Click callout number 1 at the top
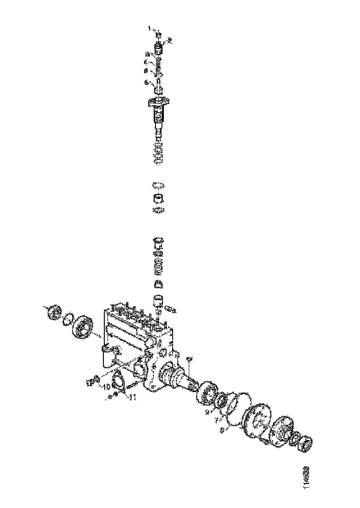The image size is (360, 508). coord(150,29)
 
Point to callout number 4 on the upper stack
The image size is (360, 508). coord(146,61)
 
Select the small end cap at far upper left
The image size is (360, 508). coord(54,312)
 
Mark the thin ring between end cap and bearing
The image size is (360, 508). coord(67,318)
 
